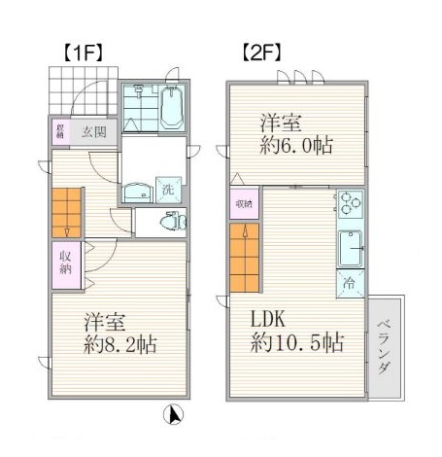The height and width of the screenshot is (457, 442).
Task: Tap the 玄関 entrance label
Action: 94,131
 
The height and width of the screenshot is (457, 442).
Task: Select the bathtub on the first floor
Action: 173,106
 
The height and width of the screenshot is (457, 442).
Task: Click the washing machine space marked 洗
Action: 167,190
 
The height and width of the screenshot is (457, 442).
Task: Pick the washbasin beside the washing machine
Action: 142,192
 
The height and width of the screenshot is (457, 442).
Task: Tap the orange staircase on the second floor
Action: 243,257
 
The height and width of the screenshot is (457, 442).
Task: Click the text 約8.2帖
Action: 120,344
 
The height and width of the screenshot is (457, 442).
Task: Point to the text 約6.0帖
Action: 295,146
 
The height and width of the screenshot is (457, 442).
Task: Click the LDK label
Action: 271,320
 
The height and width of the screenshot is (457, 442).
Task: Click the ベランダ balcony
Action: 384,347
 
